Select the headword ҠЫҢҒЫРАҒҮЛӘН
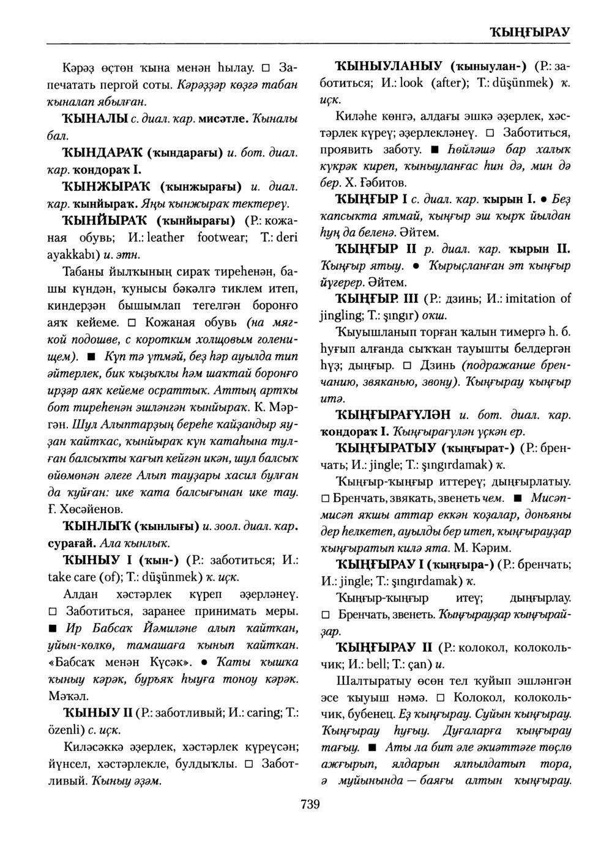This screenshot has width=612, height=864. pos(394,415)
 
